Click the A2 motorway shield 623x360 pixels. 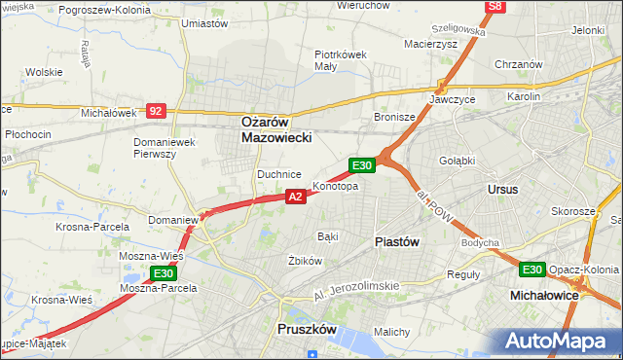(297, 197)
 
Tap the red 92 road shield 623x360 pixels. (156, 111)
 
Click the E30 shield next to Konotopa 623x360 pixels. (362, 166)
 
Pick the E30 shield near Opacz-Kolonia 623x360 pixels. (531, 270)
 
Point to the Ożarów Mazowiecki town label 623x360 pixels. (276, 130)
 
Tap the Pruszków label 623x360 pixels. (306, 330)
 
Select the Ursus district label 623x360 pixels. (503, 189)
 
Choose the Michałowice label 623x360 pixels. (545, 294)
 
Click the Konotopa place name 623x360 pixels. (336, 186)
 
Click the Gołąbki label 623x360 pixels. (457, 161)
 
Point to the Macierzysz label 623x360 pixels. (430, 44)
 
